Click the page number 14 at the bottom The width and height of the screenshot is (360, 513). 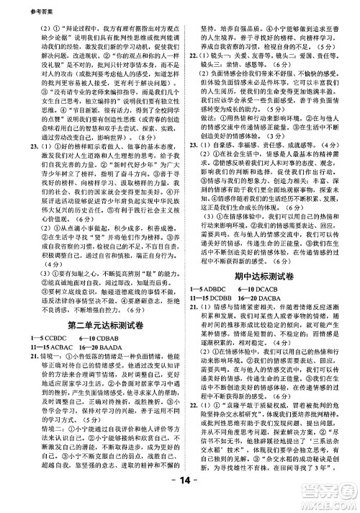coord(179,499)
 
